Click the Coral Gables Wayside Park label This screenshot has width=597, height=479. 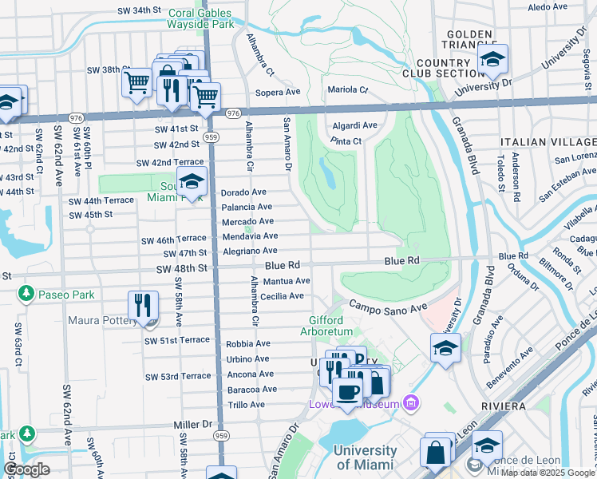pos(200,18)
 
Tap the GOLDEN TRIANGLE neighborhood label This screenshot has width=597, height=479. pos(469,41)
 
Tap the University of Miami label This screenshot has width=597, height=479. pos(366,457)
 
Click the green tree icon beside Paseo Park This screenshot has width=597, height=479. pos(26,295)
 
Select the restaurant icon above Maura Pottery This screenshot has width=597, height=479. pos(142,307)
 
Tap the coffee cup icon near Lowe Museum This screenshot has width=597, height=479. pos(346,392)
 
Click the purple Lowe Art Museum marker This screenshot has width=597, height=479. pos(411,402)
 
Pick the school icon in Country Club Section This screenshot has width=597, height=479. pos(492,60)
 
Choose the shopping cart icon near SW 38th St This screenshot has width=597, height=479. pos(137,81)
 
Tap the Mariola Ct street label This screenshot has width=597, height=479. pos(347,89)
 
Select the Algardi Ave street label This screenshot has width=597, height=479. pos(355,125)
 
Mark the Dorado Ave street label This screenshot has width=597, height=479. pos(243,192)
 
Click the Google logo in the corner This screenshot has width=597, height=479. pos(27,469)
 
